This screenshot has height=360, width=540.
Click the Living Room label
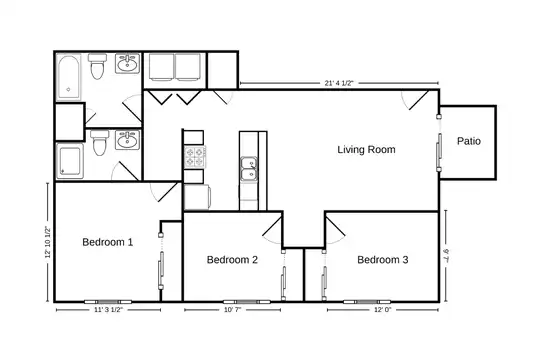pyautogui.click(x=366, y=150)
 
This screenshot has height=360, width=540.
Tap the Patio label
pyautogui.click(x=469, y=141)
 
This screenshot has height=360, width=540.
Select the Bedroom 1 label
pyautogui.click(x=107, y=242)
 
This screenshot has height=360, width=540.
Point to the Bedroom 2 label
pyautogui.click(x=232, y=259)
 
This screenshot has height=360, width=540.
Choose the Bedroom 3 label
pyautogui.click(x=383, y=259)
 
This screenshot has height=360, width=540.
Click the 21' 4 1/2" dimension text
pyautogui.click(x=339, y=83)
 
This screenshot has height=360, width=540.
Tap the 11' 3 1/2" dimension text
pyautogui.click(x=108, y=310)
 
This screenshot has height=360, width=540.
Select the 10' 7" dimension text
pyautogui.click(x=232, y=310)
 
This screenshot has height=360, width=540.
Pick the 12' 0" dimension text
pyautogui.click(x=383, y=310)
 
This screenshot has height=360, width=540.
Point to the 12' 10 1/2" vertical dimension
pyautogui.click(x=48, y=242)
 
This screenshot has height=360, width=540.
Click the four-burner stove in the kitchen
pyautogui.click(x=195, y=157)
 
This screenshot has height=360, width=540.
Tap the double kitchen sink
pyautogui.click(x=249, y=169)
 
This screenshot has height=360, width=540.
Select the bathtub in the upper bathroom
pyautogui.click(x=69, y=77)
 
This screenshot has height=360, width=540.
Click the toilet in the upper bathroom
pyautogui.click(x=97, y=66)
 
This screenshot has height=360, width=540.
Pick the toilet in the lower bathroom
pyautogui.click(x=100, y=142)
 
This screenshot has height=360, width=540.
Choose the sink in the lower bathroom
pyautogui.click(x=127, y=140)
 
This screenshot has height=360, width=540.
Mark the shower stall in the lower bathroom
pyautogui.click(x=70, y=161)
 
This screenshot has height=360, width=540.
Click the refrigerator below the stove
pyautogui.click(x=197, y=197)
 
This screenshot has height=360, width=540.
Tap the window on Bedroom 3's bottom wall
pyautogui.click(x=367, y=302)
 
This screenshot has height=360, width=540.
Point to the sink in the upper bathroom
pyautogui.click(x=127, y=63)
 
